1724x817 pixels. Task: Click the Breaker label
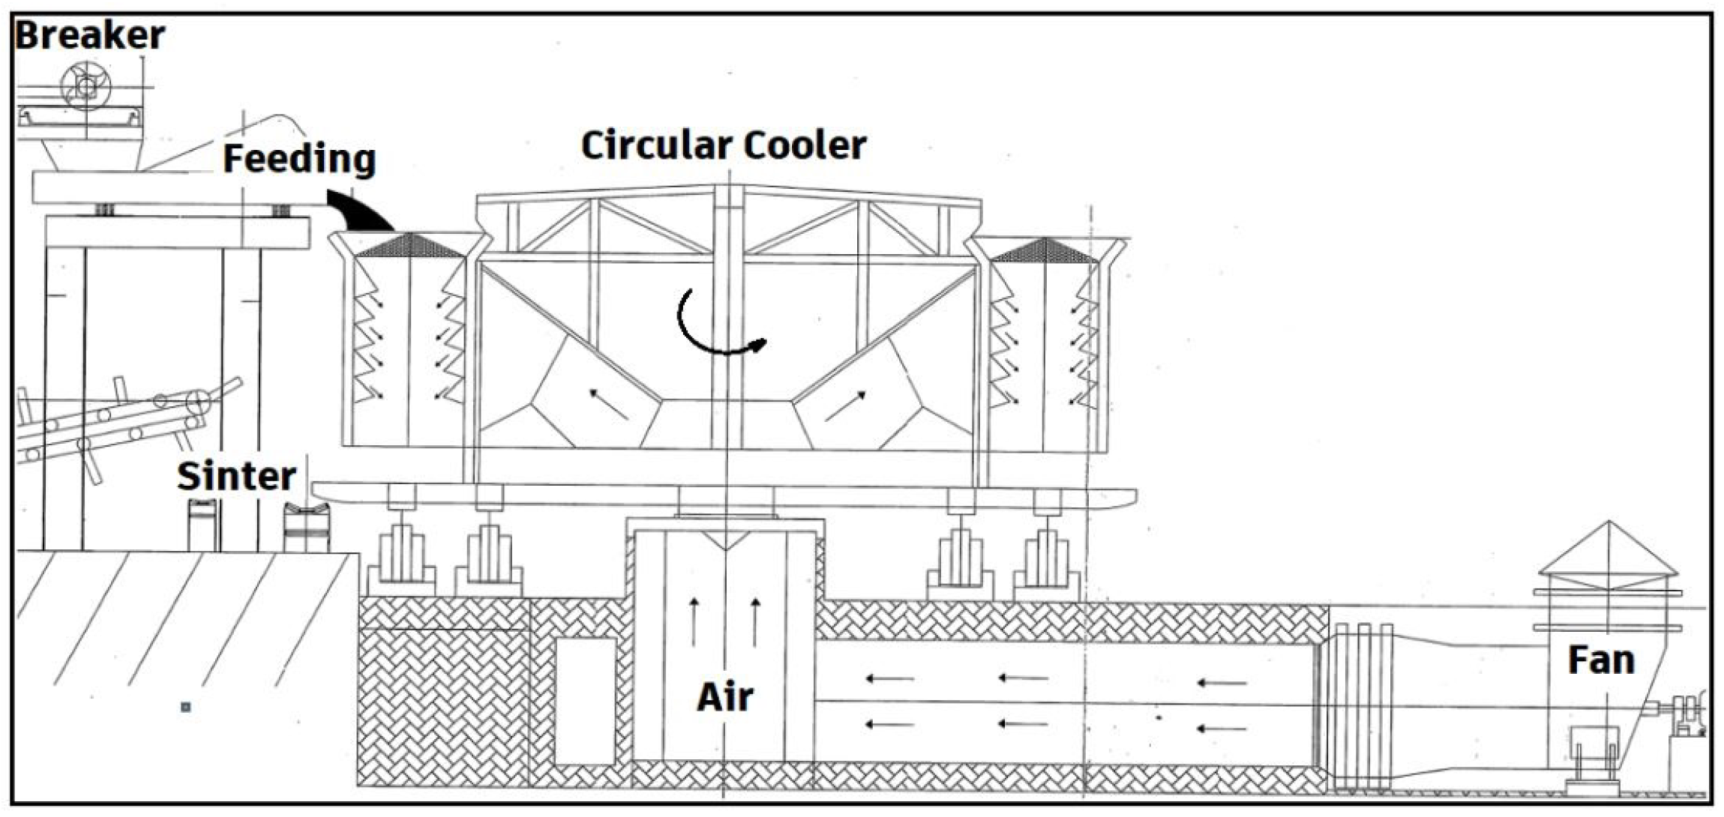point(90,35)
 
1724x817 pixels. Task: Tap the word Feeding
point(299,160)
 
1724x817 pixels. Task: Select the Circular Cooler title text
point(724,145)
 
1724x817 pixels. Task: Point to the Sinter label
point(236,477)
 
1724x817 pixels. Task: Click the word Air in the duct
point(724,697)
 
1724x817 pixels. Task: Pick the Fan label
point(1601,660)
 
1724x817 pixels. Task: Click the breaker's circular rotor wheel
point(85,87)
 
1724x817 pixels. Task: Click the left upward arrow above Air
point(694,621)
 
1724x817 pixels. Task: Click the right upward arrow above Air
point(755,621)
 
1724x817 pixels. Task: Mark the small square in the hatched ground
point(186,707)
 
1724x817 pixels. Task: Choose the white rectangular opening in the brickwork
point(586,701)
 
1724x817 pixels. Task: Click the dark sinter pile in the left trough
point(409,246)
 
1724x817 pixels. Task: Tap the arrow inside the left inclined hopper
point(609,403)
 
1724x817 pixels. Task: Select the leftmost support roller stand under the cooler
point(401,558)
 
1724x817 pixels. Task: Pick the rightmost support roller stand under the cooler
point(1046,558)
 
